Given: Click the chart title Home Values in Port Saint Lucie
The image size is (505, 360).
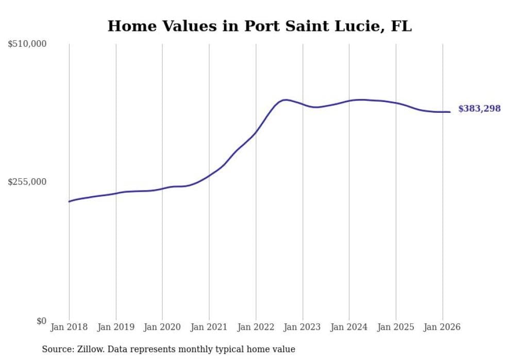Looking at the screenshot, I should click(x=259, y=26).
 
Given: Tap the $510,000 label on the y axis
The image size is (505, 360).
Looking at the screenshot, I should click(x=27, y=44).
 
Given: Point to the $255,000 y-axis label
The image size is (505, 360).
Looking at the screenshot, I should click(x=27, y=182).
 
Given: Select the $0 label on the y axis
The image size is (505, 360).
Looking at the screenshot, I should click(x=41, y=321).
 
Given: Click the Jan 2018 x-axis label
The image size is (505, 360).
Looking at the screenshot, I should click(x=69, y=327).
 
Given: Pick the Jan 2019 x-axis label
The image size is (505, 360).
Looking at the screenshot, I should click(x=115, y=327).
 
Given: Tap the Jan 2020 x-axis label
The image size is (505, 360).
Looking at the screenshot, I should click(x=162, y=327).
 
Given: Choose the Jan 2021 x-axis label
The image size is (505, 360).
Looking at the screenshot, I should click(x=209, y=327).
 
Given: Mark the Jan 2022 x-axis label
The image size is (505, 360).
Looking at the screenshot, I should click(x=256, y=327).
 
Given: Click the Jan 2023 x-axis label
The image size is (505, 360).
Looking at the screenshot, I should click(x=302, y=327).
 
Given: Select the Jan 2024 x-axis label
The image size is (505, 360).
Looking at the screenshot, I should click(x=349, y=327).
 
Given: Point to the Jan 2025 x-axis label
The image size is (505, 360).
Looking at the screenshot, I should click(x=396, y=327).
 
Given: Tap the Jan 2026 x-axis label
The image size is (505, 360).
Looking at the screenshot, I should click(x=442, y=327).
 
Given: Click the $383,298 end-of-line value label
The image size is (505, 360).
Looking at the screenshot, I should click(x=479, y=109).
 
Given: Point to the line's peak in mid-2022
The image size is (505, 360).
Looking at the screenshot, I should click(x=285, y=100).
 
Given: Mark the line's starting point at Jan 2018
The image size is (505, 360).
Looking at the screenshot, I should click(x=69, y=201).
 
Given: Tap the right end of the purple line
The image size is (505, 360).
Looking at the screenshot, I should click(x=450, y=112).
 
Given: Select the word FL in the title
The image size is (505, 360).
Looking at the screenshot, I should click(x=401, y=26).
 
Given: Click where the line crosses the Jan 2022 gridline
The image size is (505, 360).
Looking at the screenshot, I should click(x=256, y=132).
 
